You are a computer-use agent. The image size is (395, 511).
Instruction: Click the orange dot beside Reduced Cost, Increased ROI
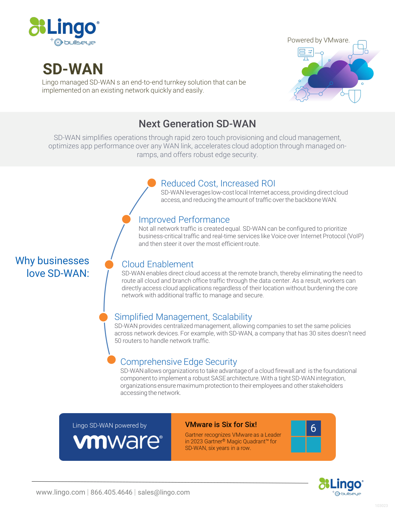click(152, 183)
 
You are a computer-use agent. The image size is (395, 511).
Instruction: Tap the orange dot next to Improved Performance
click(126, 219)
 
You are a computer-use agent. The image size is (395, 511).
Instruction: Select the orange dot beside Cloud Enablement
click(109, 264)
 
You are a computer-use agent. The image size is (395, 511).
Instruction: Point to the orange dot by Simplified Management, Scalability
click(103, 317)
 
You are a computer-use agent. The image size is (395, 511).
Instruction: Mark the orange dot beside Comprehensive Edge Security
click(112, 360)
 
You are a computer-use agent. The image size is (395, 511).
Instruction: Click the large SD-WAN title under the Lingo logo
click(73, 69)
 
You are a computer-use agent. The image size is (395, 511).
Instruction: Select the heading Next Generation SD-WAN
click(197, 124)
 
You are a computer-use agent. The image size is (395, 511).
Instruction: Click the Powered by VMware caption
click(318, 40)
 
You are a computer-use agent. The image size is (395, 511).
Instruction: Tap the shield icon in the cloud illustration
click(354, 96)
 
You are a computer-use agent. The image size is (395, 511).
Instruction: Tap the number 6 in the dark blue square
click(313, 428)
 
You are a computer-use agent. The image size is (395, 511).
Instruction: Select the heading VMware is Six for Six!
click(221, 425)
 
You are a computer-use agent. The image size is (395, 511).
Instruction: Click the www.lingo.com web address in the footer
click(60, 492)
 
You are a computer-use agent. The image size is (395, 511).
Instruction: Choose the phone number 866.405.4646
click(111, 492)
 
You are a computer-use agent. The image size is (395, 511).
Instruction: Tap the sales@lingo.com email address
click(164, 492)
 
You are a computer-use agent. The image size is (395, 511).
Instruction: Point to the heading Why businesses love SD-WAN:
click(52, 267)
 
